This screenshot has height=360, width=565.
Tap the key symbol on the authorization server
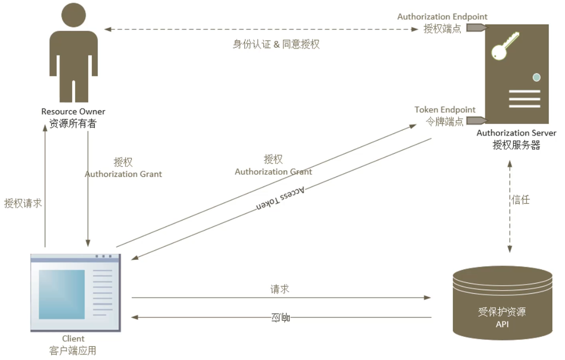(x=504, y=46)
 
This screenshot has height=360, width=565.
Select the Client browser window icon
(x=75, y=293)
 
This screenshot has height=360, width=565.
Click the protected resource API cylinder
(x=502, y=302)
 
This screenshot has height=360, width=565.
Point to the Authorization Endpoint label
(x=442, y=17)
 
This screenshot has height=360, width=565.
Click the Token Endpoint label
(x=445, y=110)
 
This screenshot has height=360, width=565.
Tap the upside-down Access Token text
(x=281, y=198)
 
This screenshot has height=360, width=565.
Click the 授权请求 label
(x=23, y=203)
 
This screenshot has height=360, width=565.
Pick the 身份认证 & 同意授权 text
(x=276, y=44)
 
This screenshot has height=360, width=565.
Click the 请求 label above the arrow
(x=280, y=289)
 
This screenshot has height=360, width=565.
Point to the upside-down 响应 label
(x=280, y=318)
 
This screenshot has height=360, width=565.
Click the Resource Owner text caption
(x=73, y=111)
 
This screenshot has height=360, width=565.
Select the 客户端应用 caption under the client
(x=73, y=351)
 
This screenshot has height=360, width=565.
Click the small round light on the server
(x=536, y=77)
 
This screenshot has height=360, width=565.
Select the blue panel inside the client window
(x=62, y=294)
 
